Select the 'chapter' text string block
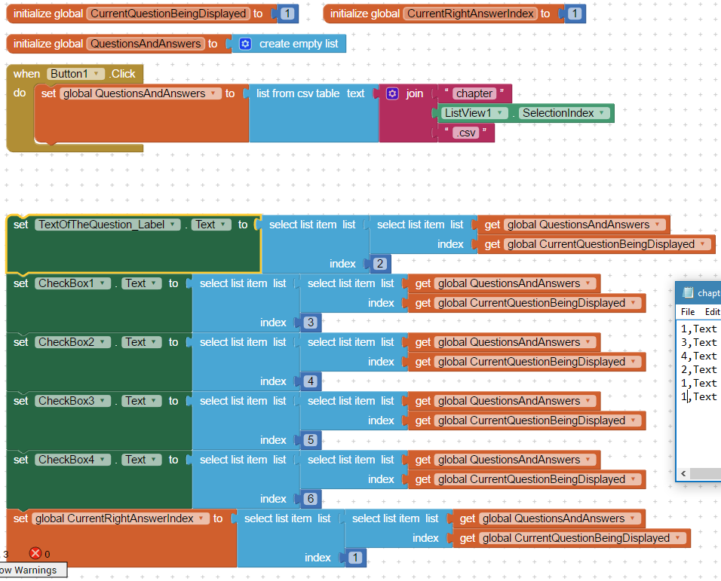point(474,93)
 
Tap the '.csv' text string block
point(466,133)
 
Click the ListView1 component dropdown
point(474,113)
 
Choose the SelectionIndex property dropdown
point(563,113)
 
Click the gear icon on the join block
point(392,93)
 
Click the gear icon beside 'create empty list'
point(246,44)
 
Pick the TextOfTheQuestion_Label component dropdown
point(108,225)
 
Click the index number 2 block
point(380,264)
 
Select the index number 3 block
point(311,323)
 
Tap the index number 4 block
point(311,381)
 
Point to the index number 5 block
point(311,440)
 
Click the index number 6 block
point(311,499)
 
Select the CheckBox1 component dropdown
point(72,283)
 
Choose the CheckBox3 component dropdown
point(72,401)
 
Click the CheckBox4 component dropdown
point(72,460)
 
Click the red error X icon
point(35,553)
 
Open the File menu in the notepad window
point(688,312)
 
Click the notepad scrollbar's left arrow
point(683,473)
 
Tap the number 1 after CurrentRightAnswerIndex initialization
point(575,14)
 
